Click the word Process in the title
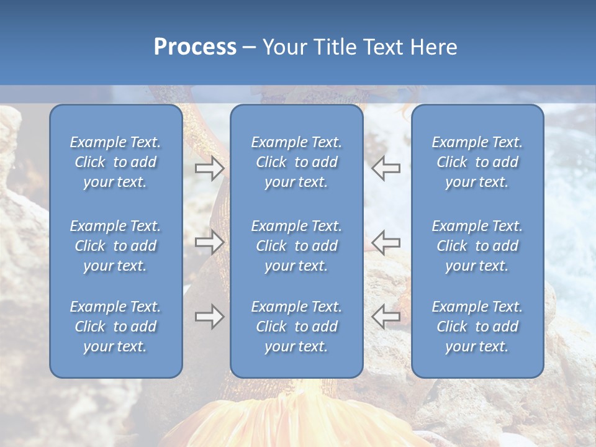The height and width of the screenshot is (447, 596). (195, 47)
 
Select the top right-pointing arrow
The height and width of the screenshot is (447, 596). (210, 168)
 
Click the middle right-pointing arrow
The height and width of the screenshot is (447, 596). (210, 242)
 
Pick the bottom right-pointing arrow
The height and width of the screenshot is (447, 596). (210, 317)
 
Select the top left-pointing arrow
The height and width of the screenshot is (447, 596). (386, 168)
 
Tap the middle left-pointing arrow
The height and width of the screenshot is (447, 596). (386, 242)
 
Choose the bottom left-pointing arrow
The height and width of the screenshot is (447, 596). (386, 317)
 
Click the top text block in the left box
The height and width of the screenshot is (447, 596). (115, 162)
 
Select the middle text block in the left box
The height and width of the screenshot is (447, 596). (115, 246)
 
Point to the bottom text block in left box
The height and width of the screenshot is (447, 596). (115, 327)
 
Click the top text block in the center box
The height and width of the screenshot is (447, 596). (297, 162)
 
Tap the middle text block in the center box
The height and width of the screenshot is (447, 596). (297, 246)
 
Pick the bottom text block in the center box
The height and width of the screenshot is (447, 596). (297, 327)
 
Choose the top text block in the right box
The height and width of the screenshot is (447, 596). (477, 162)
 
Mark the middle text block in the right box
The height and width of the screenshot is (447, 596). (477, 246)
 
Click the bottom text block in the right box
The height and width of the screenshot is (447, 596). (477, 327)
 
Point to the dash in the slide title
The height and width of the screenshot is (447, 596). (249, 47)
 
